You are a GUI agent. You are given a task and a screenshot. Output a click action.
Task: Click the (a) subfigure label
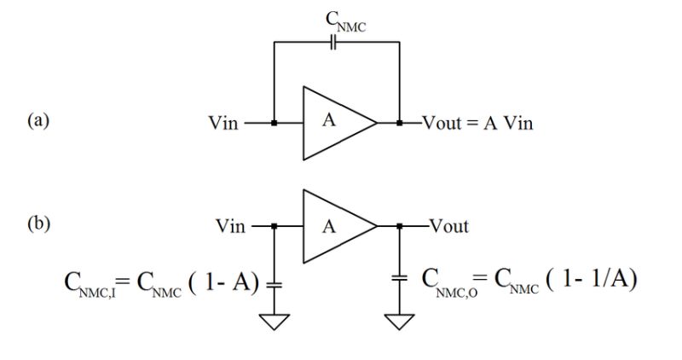(x=38, y=120)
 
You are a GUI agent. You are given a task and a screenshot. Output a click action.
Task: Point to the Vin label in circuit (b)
(x=230, y=226)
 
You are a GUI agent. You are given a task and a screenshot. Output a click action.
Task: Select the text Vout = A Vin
(x=478, y=123)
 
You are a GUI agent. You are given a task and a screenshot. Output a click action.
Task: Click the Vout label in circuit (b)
(x=448, y=226)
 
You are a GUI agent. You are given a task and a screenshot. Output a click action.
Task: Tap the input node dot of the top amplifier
(x=274, y=123)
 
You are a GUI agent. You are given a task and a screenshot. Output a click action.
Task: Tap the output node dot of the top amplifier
(x=399, y=123)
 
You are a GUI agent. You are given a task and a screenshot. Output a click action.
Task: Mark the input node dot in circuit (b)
(x=274, y=227)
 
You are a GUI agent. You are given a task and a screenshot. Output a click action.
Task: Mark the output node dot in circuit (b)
(x=399, y=227)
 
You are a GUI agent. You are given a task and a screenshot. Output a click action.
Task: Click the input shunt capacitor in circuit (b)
(x=274, y=282)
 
